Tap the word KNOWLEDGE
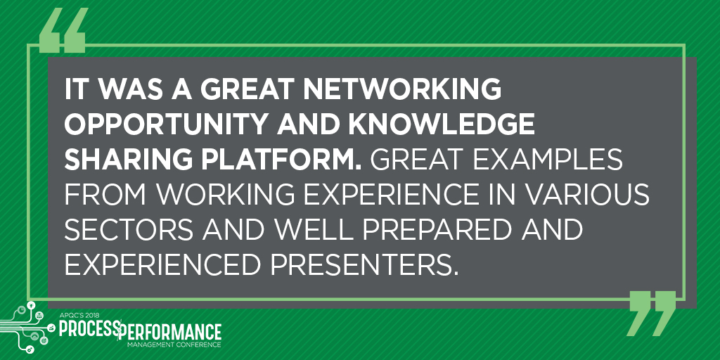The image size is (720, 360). coord(442,124)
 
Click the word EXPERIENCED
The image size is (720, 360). coord(163,266)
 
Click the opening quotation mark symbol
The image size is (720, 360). coord(63,30)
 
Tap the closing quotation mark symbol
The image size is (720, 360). coord(651,314)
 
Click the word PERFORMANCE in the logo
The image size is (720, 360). coord(169,332)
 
